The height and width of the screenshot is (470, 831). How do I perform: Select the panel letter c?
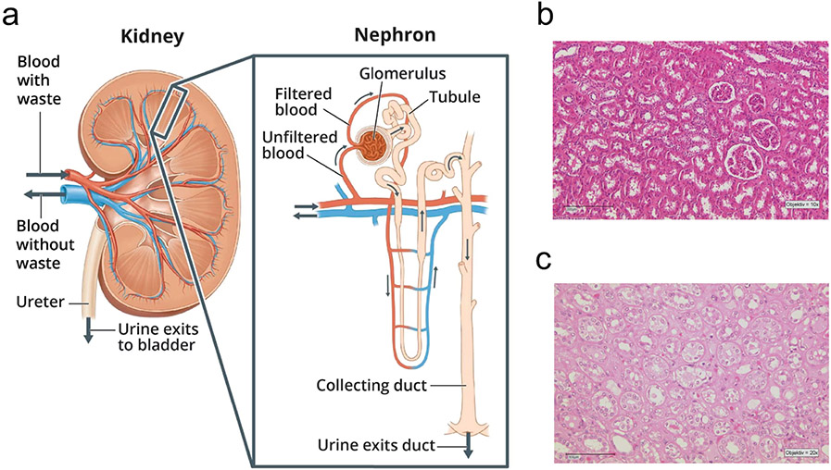(x=548, y=261)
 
